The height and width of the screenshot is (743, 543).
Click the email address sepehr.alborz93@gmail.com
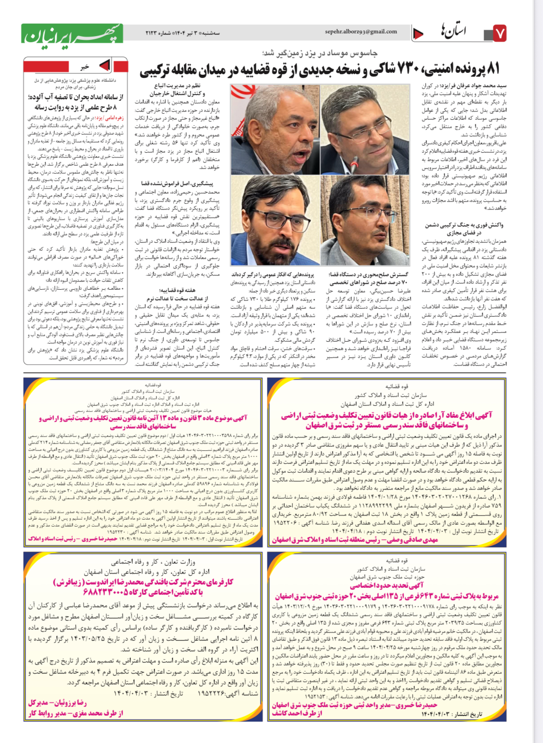pyautogui.click(x=361, y=32)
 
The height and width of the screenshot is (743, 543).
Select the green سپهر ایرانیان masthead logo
pyautogui.click(x=72, y=33)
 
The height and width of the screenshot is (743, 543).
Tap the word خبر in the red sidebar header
pyautogui.click(x=84, y=67)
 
